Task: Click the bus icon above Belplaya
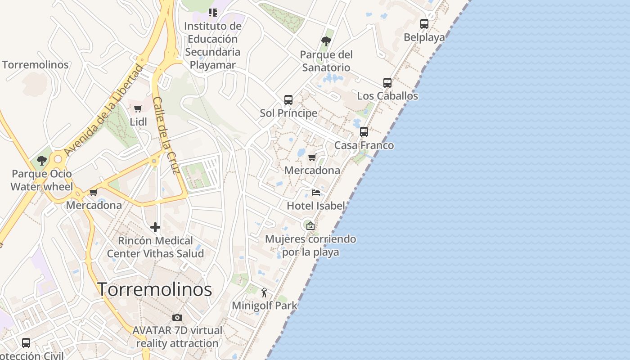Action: (x=424, y=24)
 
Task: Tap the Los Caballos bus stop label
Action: (x=387, y=96)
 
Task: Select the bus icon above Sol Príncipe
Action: (x=288, y=100)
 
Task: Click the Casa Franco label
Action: (x=364, y=145)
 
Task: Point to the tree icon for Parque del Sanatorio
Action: (x=326, y=41)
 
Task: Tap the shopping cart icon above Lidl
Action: (x=138, y=108)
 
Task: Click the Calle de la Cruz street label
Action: (x=166, y=135)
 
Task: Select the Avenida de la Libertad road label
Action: (x=103, y=111)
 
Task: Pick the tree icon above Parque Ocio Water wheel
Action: (x=42, y=160)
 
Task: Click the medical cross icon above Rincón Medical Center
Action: (x=155, y=227)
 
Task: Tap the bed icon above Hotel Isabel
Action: (x=316, y=193)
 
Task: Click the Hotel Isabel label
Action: (x=316, y=206)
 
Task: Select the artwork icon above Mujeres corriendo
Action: (x=310, y=225)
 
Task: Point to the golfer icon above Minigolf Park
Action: (x=264, y=293)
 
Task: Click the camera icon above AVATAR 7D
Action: (x=177, y=317)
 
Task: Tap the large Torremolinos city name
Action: (x=155, y=289)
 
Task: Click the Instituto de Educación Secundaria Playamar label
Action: (x=213, y=45)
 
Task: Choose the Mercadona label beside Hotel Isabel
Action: (x=312, y=171)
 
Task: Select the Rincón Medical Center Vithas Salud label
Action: (x=155, y=247)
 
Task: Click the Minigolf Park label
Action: (x=265, y=306)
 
